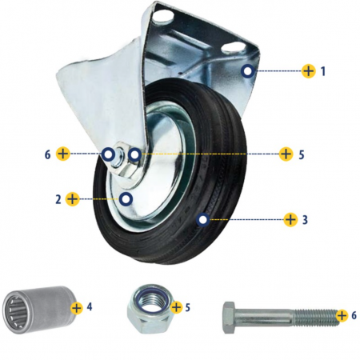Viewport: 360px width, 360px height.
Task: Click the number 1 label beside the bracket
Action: pyautogui.click(x=323, y=71)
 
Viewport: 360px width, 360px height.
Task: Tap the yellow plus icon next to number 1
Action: pyautogui.click(x=309, y=71)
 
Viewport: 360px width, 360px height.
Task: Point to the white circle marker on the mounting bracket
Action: pyautogui.click(x=248, y=71)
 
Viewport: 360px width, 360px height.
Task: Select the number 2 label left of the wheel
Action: pyautogui.click(x=58, y=199)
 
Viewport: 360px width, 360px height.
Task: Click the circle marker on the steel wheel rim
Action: pyautogui.click(x=126, y=199)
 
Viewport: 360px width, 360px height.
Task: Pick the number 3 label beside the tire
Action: pyautogui.click(x=305, y=220)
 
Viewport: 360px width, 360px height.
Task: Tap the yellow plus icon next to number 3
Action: pyautogui.click(x=290, y=219)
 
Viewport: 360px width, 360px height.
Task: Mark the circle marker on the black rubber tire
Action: pyautogui.click(x=203, y=220)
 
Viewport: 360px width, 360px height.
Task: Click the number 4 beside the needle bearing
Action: pyautogui.click(x=90, y=306)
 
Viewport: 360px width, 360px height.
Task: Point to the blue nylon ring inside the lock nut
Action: pyautogui.click(x=151, y=300)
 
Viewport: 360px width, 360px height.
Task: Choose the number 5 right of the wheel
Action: pyautogui.click(x=302, y=154)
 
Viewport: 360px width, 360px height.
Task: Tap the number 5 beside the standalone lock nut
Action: pyautogui.click(x=188, y=307)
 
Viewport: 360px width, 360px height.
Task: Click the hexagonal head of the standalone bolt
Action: pyautogui.click(x=229, y=318)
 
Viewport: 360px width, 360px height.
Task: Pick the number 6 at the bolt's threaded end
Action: pyautogui.click(x=354, y=315)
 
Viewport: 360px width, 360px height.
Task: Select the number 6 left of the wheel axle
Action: pyautogui.click(x=47, y=154)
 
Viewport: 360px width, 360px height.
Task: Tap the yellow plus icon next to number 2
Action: pyautogui.click(x=73, y=199)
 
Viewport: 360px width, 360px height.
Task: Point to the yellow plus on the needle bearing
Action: pyautogui.click(x=77, y=308)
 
